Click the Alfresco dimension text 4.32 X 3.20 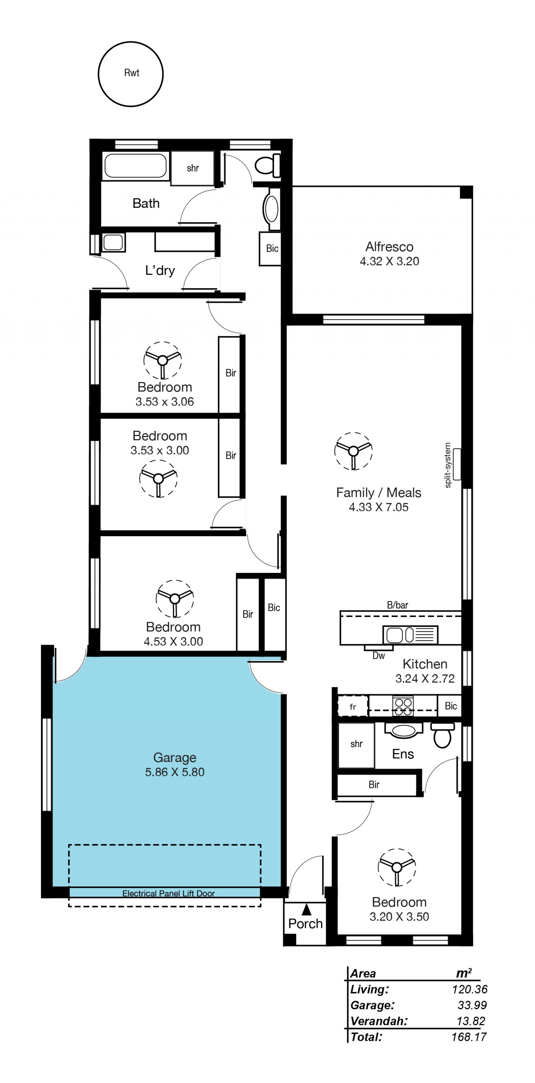(389, 261)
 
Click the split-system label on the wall (448, 465)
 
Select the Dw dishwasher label (378, 655)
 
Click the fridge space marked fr (353, 706)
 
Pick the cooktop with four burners (403, 706)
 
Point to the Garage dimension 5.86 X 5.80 (175, 772)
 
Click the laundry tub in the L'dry (113, 242)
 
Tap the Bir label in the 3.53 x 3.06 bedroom (231, 373)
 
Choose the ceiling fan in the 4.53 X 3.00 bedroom (175, 598)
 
